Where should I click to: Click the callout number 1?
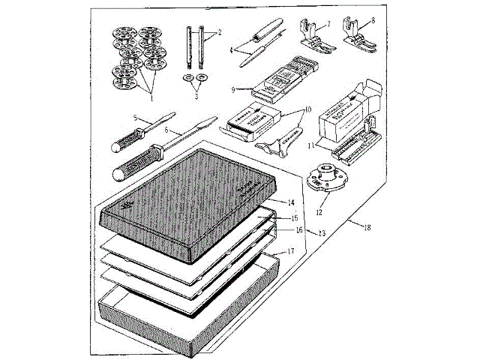point(151,97)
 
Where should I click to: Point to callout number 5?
point(135,118)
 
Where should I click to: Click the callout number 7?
point(327,25)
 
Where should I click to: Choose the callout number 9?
point(234,90)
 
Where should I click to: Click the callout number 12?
point(322,201)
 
